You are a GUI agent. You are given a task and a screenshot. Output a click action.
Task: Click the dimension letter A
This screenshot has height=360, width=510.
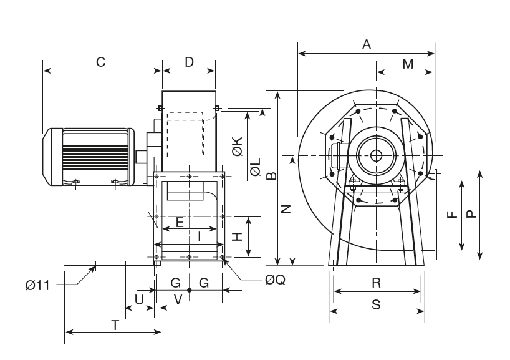point(367,44)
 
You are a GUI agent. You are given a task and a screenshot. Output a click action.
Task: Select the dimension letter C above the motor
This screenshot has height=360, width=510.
point(100,62)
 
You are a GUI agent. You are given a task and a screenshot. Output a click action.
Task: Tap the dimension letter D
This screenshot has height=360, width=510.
point(189,62)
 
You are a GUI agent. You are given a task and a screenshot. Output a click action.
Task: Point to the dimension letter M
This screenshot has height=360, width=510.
point(408,64)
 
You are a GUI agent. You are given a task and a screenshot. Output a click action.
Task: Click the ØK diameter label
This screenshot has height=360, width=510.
point(237,147)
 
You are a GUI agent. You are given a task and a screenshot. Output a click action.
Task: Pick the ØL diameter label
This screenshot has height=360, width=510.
point(254,168)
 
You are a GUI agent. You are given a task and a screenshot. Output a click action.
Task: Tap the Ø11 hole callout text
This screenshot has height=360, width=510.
point(37,285)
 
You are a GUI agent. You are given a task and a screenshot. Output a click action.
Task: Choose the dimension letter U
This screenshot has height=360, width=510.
point(139,299)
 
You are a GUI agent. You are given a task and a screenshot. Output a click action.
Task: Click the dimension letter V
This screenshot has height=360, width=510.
point(178,299)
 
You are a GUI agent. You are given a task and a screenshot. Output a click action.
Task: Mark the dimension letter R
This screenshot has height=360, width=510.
point(376,283)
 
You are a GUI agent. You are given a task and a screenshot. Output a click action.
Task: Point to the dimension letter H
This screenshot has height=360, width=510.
point(237,236)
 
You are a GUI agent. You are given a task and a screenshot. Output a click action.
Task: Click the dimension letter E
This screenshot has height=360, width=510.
point(180,222)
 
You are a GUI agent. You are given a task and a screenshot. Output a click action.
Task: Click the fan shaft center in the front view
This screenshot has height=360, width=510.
point(376,155)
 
